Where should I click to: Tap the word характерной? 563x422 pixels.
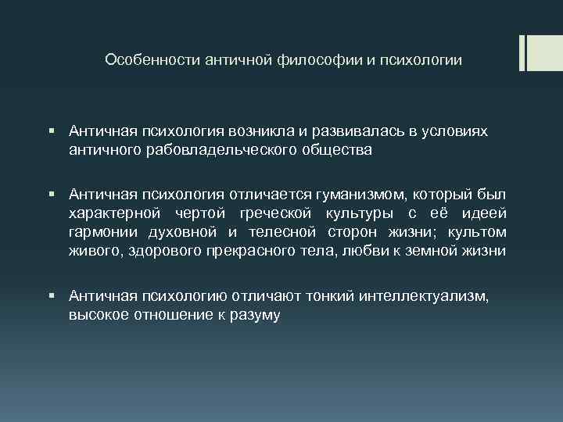[113, 213]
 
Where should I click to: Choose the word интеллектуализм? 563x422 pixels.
[418, 295]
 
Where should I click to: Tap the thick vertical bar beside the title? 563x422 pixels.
[522, 52]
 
